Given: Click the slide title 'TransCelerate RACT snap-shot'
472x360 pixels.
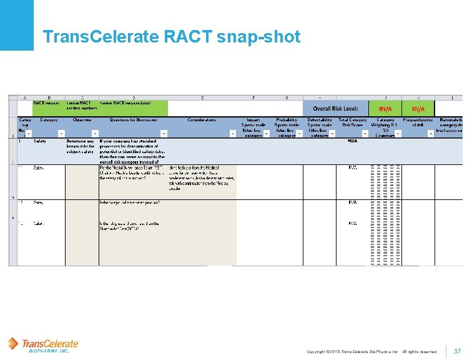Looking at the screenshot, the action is (171, 37).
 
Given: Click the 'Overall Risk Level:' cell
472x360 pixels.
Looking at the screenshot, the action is (335, 109).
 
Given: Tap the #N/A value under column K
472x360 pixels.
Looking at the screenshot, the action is (418, 109).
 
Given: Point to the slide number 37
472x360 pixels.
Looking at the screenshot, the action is (457, 351).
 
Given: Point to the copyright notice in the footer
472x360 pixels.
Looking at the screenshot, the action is (371, 352).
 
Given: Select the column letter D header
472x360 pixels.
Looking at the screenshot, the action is (132, 97).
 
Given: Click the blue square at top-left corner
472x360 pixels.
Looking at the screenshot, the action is (16, 25).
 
